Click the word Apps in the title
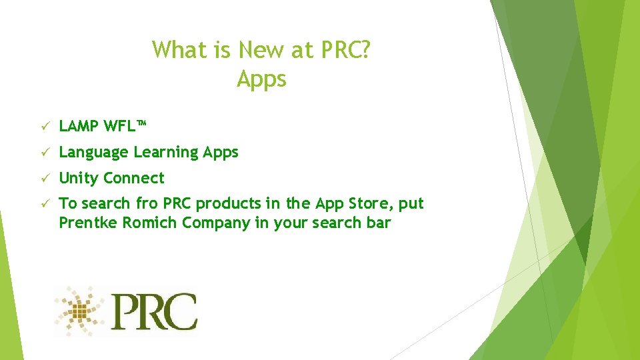[261, 79]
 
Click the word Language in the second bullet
[93, 153]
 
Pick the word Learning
[166, 153]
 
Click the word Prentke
[88, 223]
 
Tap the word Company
[216, 223]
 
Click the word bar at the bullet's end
[377, 223]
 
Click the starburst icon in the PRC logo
[81, 309]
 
